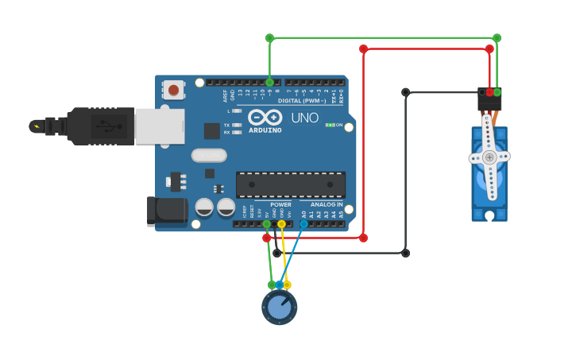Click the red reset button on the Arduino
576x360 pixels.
[173, 90]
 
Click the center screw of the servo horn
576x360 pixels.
[489, 157]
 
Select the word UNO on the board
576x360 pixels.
[304, 118]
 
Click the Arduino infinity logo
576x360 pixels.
[264, 118]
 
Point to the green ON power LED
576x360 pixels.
[330, 125]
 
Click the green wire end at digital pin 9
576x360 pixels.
[269, 82]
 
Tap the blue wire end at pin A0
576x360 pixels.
[303, 224]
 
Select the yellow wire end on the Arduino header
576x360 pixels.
[281, 224]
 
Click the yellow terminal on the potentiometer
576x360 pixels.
[287, 285]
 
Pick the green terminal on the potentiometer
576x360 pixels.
[272, 285]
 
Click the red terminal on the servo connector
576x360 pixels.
[489, 92]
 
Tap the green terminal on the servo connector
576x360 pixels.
[497, 92]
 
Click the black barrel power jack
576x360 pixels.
[166, 211]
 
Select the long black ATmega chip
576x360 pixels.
[291, 184]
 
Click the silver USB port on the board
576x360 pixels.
[159, 126]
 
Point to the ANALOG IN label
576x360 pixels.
[327, 204]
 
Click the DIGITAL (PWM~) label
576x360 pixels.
[302, 101]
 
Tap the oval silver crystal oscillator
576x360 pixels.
[210, 155]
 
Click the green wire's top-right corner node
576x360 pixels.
[497, 37]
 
